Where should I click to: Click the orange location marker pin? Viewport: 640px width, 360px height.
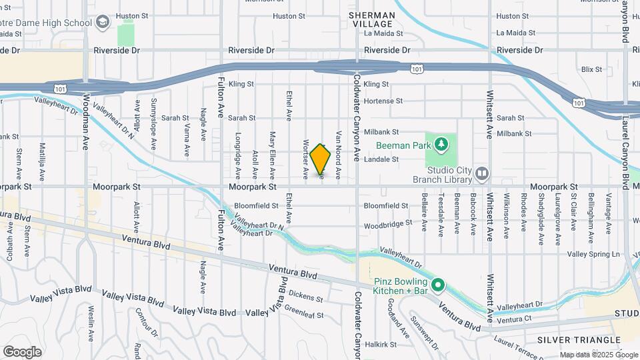pyautogui.click(x=320, y=159)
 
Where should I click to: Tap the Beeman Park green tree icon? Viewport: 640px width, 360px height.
pyautogui.click(x=440, y=144)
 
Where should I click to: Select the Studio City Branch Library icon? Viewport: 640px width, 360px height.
pyautogui.click(x=482, y=175)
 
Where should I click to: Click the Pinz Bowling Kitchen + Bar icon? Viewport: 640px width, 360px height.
pyautogui.click(x=437, y=286)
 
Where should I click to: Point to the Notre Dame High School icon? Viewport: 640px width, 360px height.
pyautogui.click(x=103, y=23)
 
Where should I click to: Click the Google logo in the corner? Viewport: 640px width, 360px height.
pyautogui.click(x=23, y=351)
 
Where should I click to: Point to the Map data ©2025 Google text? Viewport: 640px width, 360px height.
pyautogui.click(x=597, y=355)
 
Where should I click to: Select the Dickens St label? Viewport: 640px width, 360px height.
pyautogui.click(x=307, y=299)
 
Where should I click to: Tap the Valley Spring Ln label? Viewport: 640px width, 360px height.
pyautogui.click(x=593, y=255)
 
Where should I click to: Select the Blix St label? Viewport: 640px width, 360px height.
pyautogui.click(x=591, y=69)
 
